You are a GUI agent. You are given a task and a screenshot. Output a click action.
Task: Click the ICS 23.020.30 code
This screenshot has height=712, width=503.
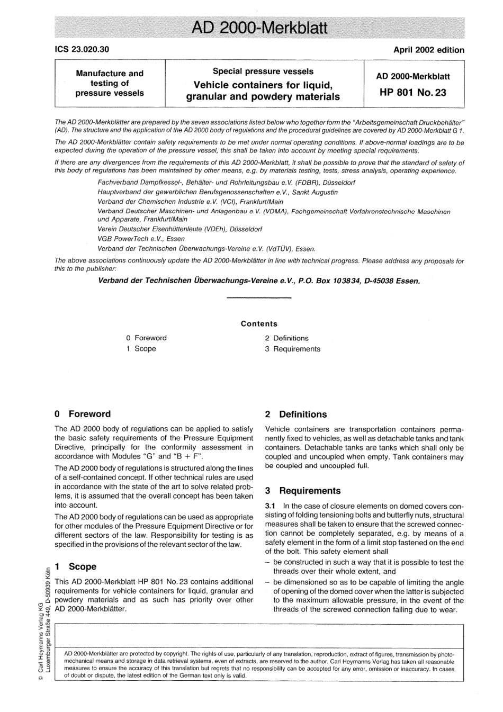tap(82, 50)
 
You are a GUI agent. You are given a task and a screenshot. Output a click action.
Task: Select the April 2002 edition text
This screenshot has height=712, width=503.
tap(428, 50)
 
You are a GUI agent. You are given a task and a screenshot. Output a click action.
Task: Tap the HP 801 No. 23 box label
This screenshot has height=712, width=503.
tap(413, 93)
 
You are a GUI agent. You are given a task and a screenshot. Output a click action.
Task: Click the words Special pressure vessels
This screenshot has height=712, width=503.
tap(263, 71)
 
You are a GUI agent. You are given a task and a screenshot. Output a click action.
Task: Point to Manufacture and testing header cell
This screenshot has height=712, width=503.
tap(110, 83)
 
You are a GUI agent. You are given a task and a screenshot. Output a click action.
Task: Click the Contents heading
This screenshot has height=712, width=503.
tap(259, 323)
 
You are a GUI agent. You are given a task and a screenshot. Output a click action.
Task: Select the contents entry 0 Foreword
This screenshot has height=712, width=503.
tap(147, 338)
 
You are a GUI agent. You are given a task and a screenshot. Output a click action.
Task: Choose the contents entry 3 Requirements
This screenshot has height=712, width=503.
tap(293, 349)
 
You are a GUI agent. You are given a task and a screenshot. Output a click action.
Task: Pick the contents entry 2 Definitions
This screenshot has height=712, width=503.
tap(287, 338)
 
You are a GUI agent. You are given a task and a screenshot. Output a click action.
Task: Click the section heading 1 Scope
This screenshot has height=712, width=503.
tap(76, 566)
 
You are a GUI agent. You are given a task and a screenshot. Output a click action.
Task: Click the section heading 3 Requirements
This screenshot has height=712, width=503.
tap(303, 491)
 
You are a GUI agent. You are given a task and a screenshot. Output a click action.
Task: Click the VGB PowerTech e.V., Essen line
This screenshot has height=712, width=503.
tap(141, 239)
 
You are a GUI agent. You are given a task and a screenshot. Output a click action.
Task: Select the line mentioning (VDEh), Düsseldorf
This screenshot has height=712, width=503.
tap(180, 229)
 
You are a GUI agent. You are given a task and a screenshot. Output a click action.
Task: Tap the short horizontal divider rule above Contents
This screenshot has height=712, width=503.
tap(259, 299)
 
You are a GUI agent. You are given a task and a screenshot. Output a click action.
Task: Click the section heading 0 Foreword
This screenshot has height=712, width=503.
tap(83, 414)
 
